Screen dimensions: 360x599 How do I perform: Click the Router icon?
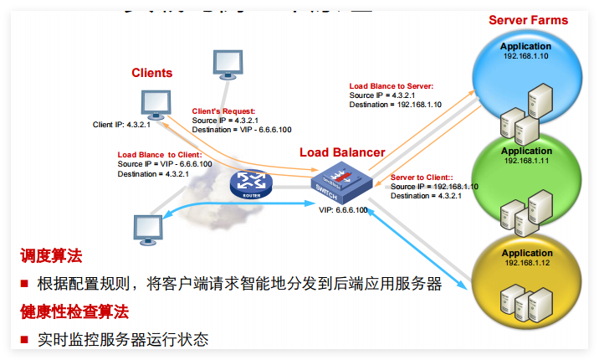tap(248, 184)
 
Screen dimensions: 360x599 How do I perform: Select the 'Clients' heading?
tap(151, 73)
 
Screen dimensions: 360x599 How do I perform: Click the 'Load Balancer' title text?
tap(342, 152)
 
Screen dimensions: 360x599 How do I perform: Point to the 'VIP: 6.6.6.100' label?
tap(343, 209)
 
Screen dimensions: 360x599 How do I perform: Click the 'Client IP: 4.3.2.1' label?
tap(121, 124)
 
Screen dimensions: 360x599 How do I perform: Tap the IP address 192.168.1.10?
tap(525, 56)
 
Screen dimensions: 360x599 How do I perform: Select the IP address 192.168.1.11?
tap(525, 160)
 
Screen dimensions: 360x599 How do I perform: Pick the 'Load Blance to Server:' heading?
tap(391, 86)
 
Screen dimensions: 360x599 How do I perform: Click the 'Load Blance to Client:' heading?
tap(159, 155)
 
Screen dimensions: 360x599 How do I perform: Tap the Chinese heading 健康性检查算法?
tap(74, 311)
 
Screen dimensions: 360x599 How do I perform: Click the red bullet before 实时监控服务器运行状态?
tap(24, 340)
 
